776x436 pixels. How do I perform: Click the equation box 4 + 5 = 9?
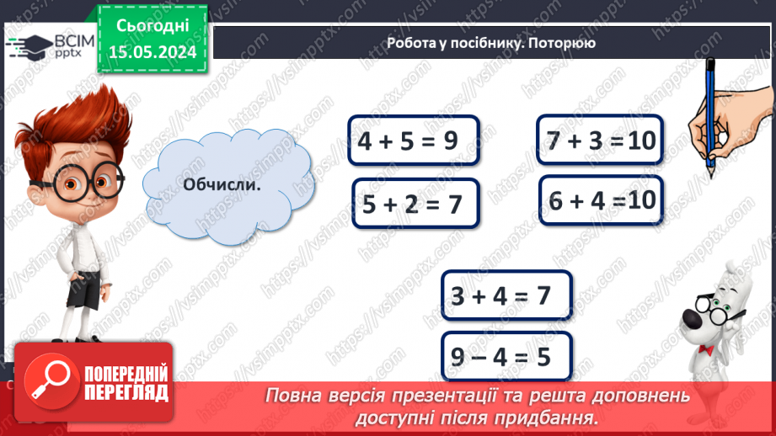point(412,141)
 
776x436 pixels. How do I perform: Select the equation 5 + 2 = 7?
point(415,203)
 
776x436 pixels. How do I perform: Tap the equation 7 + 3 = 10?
point(600,140)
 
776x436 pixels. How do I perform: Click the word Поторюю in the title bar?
point(564,43)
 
